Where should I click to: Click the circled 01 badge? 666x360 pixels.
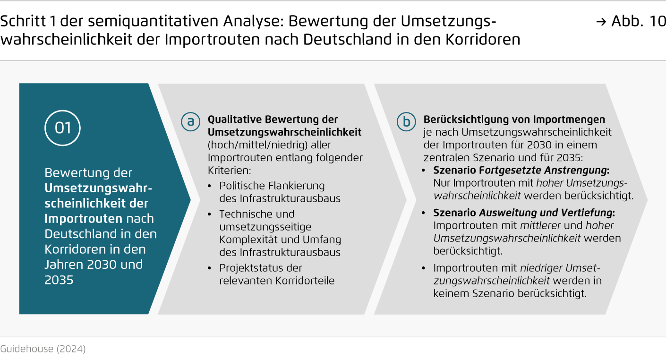[x=62, y=128]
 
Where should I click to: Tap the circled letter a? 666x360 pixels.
[x=190, y=121]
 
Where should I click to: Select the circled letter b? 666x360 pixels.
[x=406, y=121]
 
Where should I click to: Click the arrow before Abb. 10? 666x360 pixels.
[x=601, y=22]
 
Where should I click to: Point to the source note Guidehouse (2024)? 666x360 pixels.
[x=43, y=349]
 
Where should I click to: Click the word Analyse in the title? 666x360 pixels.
[x=254, y=21]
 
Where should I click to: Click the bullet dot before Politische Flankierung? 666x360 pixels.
[x=210, y=186]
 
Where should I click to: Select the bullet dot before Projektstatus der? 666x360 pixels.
[x=210, y=268]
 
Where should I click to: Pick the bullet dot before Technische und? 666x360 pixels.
[x=210, y=214]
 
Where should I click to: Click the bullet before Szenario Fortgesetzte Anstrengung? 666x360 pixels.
[x=424, y=171]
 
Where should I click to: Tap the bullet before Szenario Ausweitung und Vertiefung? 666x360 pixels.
[x=424, y=213]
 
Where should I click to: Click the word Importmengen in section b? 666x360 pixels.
[x=569, y=120]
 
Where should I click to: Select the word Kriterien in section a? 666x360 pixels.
[x=229, y=171]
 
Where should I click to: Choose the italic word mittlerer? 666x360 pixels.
[x=540, y=225]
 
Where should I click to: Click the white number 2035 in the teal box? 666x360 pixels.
[x=59, y=280]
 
